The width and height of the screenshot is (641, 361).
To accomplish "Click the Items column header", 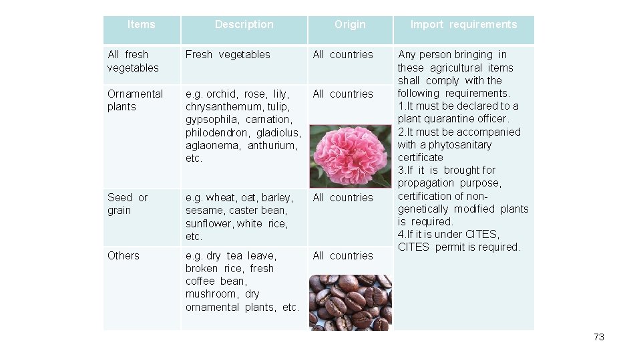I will [x=141, y=25].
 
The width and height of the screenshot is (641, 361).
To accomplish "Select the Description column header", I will [x=244, y=25].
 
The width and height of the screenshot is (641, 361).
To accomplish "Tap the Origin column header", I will [x=350, y=25].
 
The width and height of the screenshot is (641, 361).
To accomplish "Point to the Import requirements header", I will [x=463, y=25].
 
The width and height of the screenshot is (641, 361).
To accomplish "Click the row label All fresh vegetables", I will [x=133, y=61].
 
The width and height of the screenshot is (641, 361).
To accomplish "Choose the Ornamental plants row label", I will [x=135, y=100].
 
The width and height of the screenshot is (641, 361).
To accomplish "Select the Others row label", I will [x=124, y=255].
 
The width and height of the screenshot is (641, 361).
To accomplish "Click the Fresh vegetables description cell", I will [x=228, y=54].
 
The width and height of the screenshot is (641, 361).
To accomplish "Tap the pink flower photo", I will [x=350, y=156].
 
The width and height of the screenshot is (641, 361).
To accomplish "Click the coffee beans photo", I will [x=350, y=302].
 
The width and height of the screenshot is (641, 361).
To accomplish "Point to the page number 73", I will [x=598, y=337].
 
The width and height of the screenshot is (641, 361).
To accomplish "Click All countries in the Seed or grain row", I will [x=343, y=197].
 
